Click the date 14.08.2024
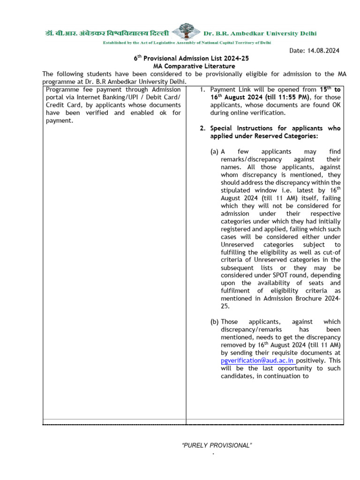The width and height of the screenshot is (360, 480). [x=322, y=50]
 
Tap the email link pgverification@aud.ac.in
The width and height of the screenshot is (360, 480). [x=257, y=360]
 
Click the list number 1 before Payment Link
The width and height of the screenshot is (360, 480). [x=202, y=89]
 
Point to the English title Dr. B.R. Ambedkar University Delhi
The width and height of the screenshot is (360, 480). [x=260, y=33]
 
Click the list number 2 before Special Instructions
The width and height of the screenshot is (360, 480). [x=202, y=128]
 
